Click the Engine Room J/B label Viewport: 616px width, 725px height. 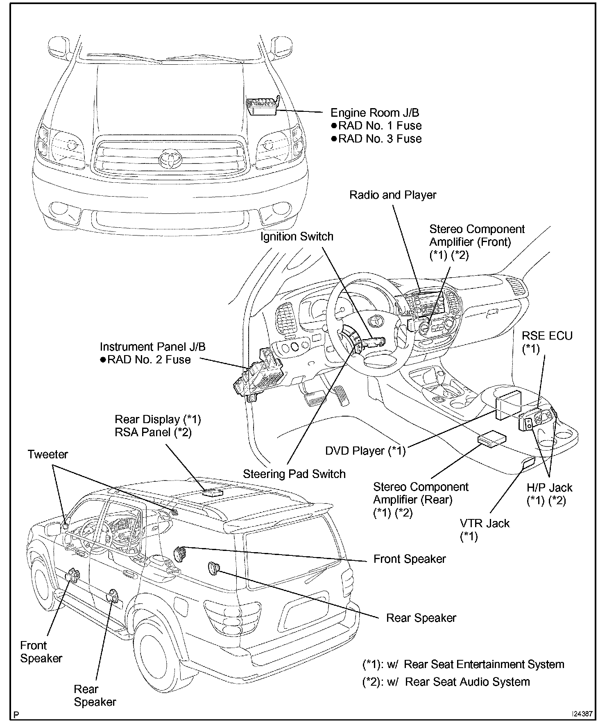374,113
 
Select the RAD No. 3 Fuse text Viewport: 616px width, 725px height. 380,139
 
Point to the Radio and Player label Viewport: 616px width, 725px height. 392,195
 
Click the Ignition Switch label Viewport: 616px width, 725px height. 297,237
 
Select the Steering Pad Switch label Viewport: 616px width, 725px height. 294,474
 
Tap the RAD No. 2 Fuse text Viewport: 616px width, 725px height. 149,360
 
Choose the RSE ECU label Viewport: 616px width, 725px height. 547,336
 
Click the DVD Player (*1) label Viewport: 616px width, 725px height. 365,451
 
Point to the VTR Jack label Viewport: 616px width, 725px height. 485,523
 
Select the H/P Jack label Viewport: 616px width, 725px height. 549,488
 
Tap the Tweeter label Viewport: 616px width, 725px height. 48,454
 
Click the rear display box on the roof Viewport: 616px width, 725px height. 213,492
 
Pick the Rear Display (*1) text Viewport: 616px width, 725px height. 158,419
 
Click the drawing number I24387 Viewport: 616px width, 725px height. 582,714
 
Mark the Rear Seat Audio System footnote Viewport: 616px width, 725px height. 446,682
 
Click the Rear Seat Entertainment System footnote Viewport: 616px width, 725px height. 463,664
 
